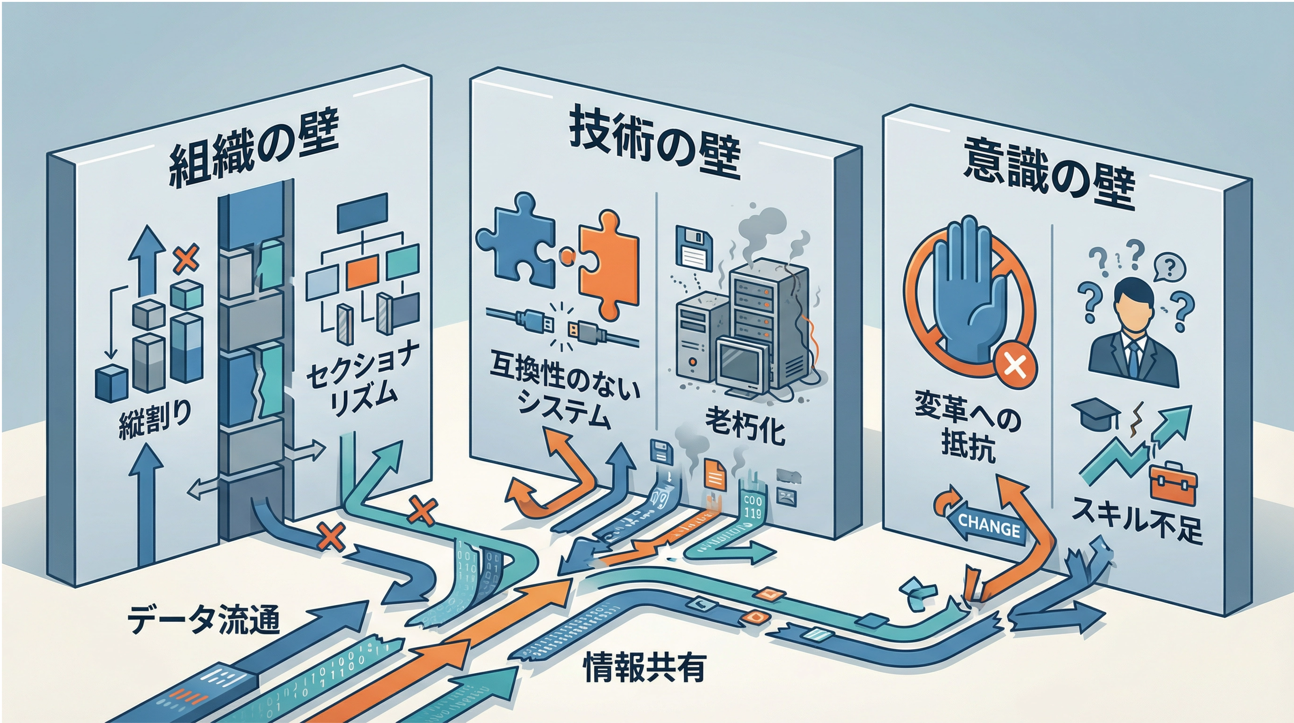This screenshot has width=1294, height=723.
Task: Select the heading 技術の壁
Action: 655,146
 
